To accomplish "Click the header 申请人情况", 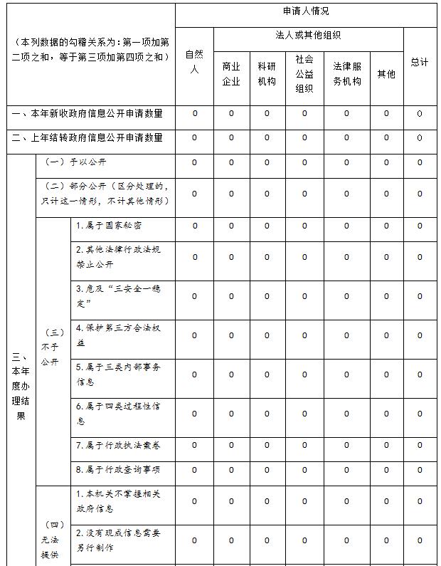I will (x=305, y=11).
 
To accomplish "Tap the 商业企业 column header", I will (x=231, y=73).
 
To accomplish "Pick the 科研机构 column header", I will (x=267, y=73).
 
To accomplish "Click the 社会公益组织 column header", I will (x=304, y=73).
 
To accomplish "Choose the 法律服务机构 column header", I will (x=347, y=73).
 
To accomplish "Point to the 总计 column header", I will (x=420, y=62).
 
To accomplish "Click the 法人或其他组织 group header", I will (x=308, y=35).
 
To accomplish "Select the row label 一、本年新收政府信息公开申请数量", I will (x=87, y=113).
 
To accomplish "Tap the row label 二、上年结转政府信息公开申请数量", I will (x=87, y=137).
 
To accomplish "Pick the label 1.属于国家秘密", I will (x=109, y=225).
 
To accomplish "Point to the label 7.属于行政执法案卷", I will (x=118, y=445).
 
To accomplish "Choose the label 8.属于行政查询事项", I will (x=118, y=469).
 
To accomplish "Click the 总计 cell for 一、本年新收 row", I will (x=420, y=113).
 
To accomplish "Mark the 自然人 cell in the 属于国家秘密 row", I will (x=195, y=226).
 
